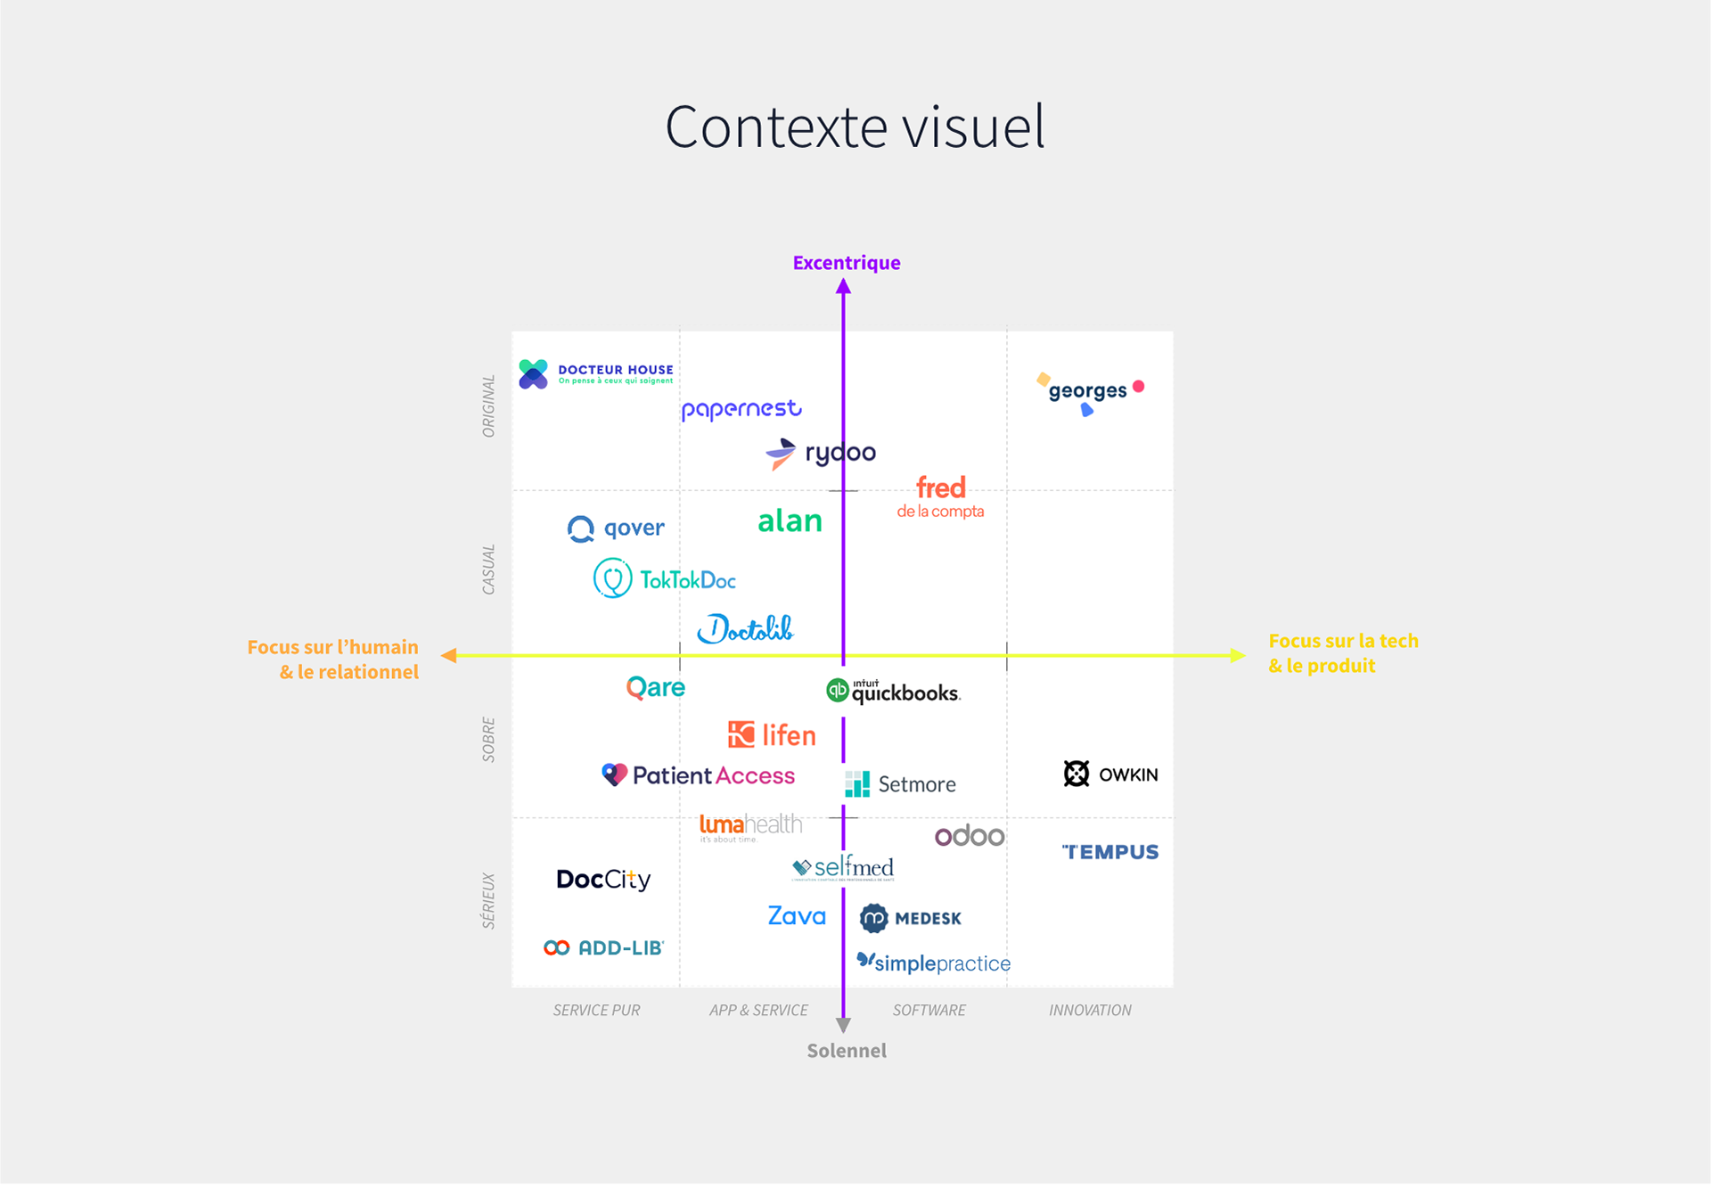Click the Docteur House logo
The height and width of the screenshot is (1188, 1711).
pos(595,374)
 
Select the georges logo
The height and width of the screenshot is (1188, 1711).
pos(1089,392)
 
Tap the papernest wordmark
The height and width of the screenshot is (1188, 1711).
pos(741,409)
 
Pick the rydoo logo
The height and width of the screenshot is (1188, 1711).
pos(821,453)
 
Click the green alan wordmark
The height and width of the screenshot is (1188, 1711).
pos(790,521)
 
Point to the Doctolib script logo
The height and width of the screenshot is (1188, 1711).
pos(745,629)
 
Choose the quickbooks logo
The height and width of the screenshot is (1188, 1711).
pos(893,691)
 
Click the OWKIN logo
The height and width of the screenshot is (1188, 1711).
pos(1110,774)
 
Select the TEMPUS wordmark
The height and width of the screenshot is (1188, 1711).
pos(1110,852)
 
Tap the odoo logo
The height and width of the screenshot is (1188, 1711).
pos(970,836)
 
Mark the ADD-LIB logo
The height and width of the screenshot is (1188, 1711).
pos(604,947)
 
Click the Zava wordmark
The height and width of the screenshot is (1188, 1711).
pos(797,916)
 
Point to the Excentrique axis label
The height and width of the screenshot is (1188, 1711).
pos(847,263)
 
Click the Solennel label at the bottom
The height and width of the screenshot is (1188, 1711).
pos(847,1051)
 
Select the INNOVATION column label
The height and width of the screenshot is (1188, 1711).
pos(1090,1010)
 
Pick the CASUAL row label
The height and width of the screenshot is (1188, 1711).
pos(488,569)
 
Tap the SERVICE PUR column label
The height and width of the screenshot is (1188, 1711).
pos(596,1010)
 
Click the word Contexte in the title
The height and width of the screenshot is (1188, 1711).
pos(776,127)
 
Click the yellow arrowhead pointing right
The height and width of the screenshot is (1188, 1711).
pos(1237,655)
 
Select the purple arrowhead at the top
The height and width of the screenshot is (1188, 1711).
pos(844,287)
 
